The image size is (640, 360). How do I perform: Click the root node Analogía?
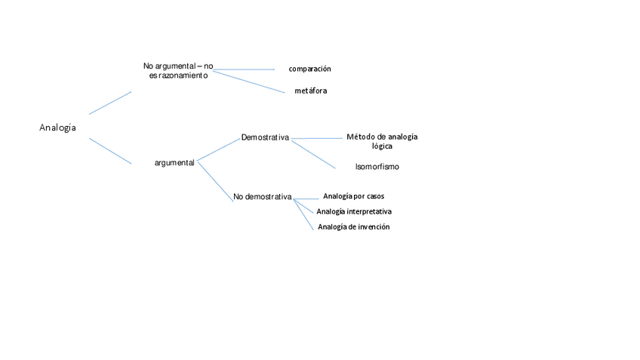click(57, 128)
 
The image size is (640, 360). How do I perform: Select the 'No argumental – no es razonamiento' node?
click(177, 70)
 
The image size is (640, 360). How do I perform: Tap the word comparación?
click(309, 69)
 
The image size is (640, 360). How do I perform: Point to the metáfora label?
click(310, 91)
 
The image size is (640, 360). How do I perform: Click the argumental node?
click(174, 162)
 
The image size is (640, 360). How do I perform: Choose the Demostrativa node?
click(265, 137)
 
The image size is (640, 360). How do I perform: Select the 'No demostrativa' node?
click(262, 197)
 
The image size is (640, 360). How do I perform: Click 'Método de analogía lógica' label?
click(382, 141)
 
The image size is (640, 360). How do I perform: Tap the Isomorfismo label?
click(377, 167)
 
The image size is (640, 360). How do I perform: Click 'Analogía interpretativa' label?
click(353, 211)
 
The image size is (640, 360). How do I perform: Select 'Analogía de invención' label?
click(353, 227)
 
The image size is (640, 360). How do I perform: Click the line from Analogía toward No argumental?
click(110, 103)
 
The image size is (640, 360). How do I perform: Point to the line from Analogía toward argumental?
click(110, 151)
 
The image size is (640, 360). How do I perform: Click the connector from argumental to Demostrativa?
click(219, 149)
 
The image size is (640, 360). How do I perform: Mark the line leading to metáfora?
click(249, 82)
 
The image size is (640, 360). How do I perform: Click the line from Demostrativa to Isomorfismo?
click(313, 154)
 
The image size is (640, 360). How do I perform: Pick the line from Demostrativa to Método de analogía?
click(317, 138)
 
